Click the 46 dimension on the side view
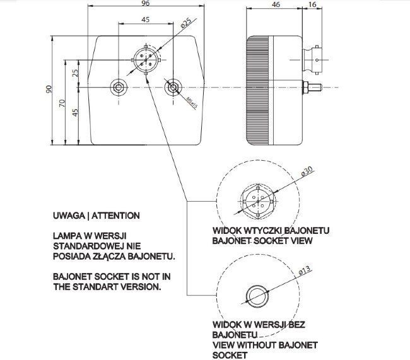275,4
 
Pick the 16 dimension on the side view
313,4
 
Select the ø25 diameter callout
185,23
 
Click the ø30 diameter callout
307,171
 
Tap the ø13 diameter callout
304,271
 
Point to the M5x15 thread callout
192,101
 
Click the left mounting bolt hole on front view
117,87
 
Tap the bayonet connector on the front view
145,58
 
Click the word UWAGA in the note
69,216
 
